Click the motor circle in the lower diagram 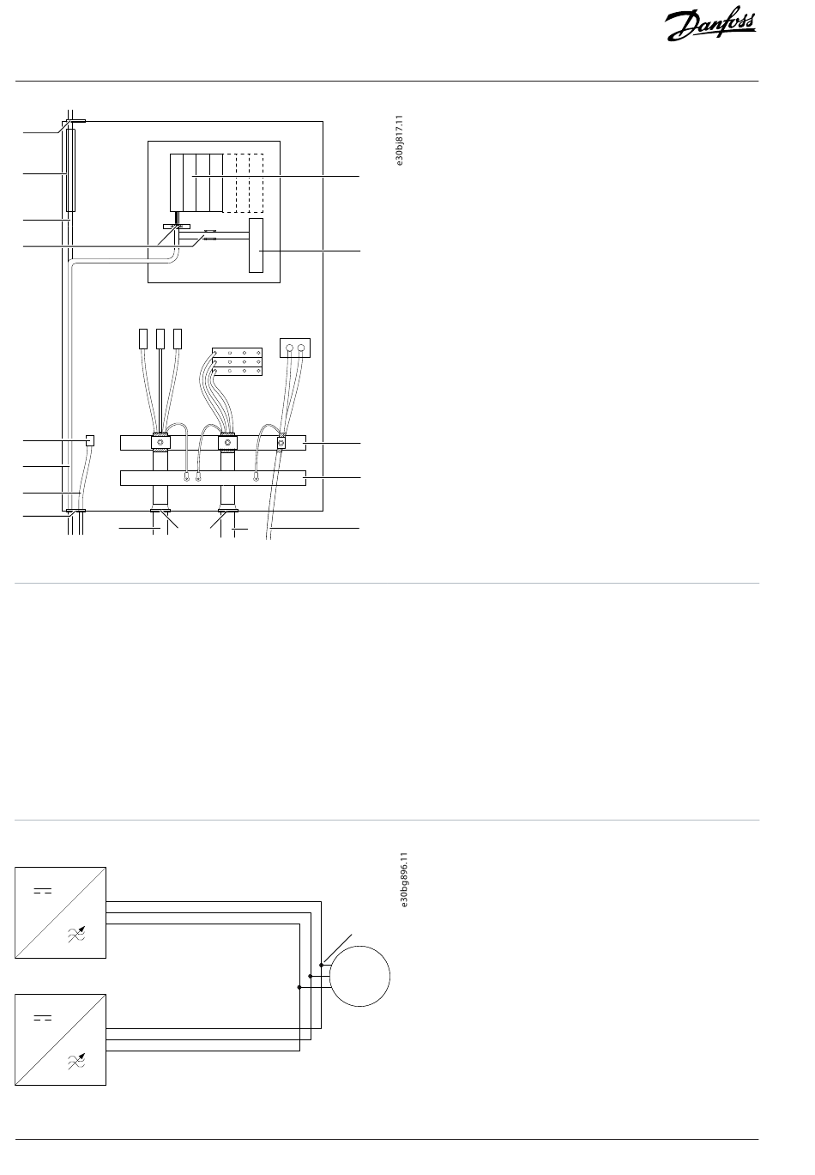(x=360, y=976)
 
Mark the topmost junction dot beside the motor (x=321, y=965)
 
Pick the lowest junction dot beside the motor (x=299, y=987)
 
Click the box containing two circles (x=295, y=348)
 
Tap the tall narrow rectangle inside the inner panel (x=256, y=245)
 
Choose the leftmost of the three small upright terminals (x=143, y=338)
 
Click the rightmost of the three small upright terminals (x=178, y=338)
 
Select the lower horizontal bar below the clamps (x=213, y=478)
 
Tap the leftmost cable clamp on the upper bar (x=160, y=443)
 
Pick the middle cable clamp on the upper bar (x=227, y=443)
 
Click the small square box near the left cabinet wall (x=91, y=440)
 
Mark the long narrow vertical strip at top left (x=70, y=169)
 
